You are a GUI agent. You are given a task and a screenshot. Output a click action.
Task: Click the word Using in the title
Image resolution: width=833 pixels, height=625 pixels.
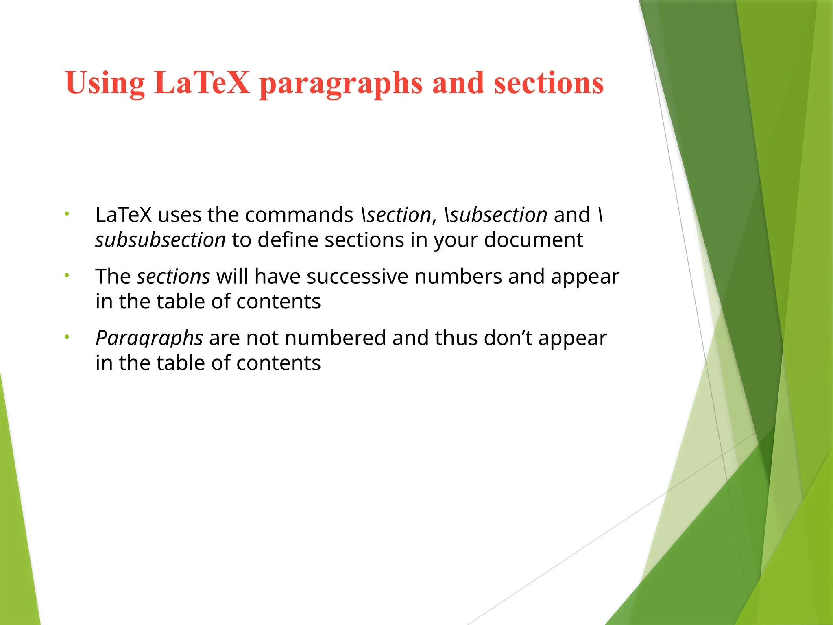coord(105,83)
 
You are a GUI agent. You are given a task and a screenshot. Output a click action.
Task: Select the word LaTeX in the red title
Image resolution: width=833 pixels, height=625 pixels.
coord(202,83)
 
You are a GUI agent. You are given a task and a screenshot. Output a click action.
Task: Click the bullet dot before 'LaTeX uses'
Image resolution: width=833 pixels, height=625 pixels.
coord(67,214)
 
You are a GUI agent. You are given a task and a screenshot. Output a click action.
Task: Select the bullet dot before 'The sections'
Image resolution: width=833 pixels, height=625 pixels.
coord(67,275)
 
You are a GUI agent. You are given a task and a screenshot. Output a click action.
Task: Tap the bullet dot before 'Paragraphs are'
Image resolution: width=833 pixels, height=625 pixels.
coord(67,337)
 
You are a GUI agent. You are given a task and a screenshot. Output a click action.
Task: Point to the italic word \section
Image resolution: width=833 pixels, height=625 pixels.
coord(396,215)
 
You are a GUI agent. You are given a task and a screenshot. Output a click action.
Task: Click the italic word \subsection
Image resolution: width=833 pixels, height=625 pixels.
coord(496,215)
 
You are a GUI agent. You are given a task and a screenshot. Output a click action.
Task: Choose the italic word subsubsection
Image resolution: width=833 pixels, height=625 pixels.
coord(160,240)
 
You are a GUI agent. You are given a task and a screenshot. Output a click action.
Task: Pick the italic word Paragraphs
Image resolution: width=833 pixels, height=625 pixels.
coord(149,338)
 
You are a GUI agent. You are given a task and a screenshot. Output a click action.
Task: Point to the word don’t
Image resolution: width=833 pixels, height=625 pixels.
coord(508,338)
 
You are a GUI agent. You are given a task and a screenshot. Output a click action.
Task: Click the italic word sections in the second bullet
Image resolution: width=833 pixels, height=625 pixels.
coord(173,277)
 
